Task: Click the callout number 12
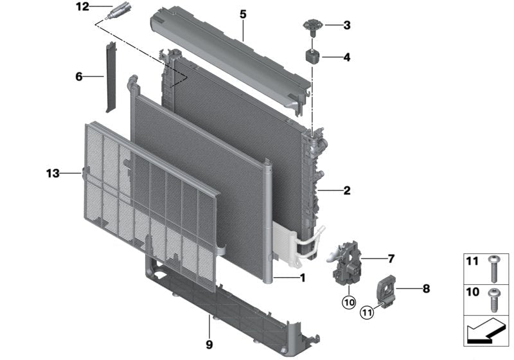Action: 83,6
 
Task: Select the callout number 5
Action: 243,14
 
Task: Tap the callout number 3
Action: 347,25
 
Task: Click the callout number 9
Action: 209,345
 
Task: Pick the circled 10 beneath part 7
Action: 349,302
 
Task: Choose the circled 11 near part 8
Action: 367,312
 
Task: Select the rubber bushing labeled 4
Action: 313,57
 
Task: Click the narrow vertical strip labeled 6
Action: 110,77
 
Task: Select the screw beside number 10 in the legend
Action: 493,300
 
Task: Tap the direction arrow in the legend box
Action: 484,332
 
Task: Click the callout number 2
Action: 347,190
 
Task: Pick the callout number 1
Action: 302,278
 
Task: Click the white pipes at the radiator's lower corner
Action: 309,242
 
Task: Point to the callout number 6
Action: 79,76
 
